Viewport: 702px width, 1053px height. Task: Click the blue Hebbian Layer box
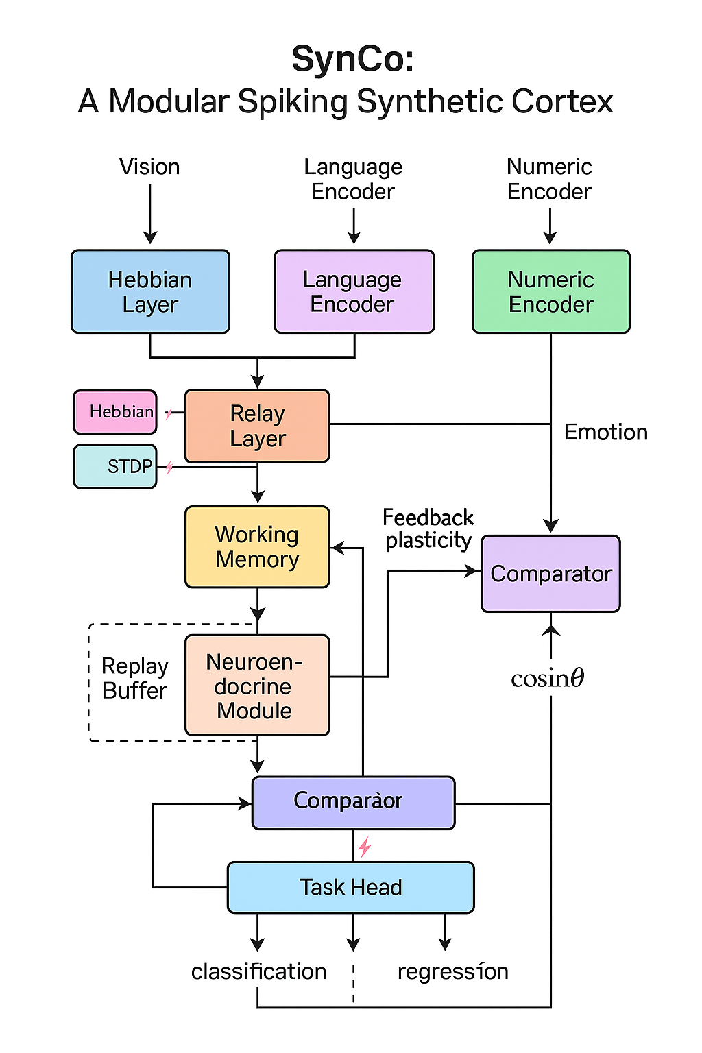pos(150,292)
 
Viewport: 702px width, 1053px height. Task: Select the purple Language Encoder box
pos(354,292)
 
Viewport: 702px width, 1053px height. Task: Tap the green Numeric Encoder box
pos(550,292)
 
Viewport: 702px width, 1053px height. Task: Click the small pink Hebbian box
pos(115,412)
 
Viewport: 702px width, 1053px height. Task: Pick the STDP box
pos(115,467)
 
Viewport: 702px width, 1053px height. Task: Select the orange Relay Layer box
pos(257,426)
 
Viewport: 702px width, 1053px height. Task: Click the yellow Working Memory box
pos(257,547)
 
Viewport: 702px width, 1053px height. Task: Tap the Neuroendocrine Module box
pos(257,686)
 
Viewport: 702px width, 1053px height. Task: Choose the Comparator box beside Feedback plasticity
pos(550,574)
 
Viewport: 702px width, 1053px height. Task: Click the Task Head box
pos(350,888)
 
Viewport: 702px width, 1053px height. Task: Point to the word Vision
pos(149,167)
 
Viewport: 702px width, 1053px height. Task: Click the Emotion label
pos(606,433)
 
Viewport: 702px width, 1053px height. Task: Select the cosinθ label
pos(547,679)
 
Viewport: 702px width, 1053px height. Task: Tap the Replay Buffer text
pos(135,679)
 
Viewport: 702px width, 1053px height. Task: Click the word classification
pos(258,971)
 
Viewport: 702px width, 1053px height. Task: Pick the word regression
pos(452,971)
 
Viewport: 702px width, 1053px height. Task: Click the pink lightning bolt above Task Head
pos(365,847)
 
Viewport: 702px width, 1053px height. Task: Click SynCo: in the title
pos(352,59)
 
